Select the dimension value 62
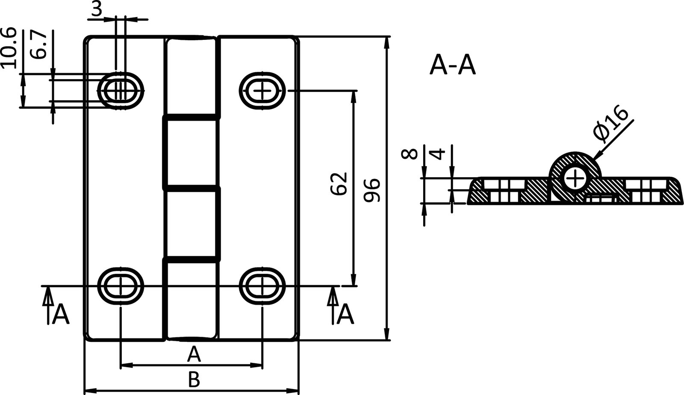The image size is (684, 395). coord(339,184)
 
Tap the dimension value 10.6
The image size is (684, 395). coord(9,48)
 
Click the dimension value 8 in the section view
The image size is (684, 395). coord(410,154)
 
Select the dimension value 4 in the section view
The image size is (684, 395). coord(438,154)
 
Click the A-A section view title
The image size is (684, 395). coord(452,66)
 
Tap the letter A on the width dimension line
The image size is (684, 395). coord(194,354)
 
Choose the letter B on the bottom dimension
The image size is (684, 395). coord(194,379)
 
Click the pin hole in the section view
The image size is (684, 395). coord(575,178)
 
